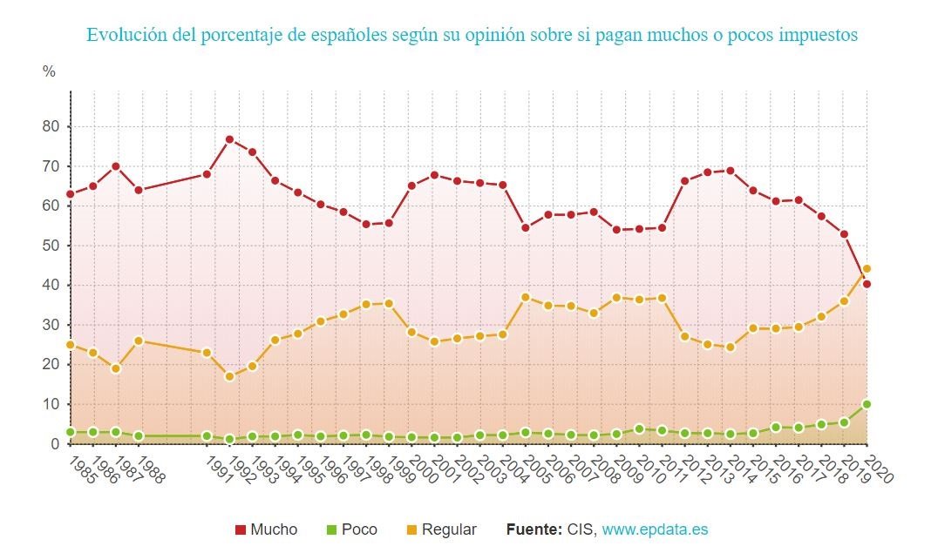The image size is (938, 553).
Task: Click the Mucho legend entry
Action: pos(267,529)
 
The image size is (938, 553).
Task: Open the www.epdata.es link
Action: pos(655,529)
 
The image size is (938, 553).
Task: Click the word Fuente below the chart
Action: pos(534,529)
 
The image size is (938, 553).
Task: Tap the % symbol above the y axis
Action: pos(49,71)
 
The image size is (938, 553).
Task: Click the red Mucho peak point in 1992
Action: pos(229,139)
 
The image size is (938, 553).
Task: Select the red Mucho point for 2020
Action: pos(867,284)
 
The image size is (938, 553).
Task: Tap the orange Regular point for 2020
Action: pos(867,269)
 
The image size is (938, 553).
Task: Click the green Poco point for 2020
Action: pos(867,404)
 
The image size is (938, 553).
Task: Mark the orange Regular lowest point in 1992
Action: pos(229,377)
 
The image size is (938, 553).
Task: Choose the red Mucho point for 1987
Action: pos(116,166)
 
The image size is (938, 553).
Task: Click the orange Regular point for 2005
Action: pos(526,297)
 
